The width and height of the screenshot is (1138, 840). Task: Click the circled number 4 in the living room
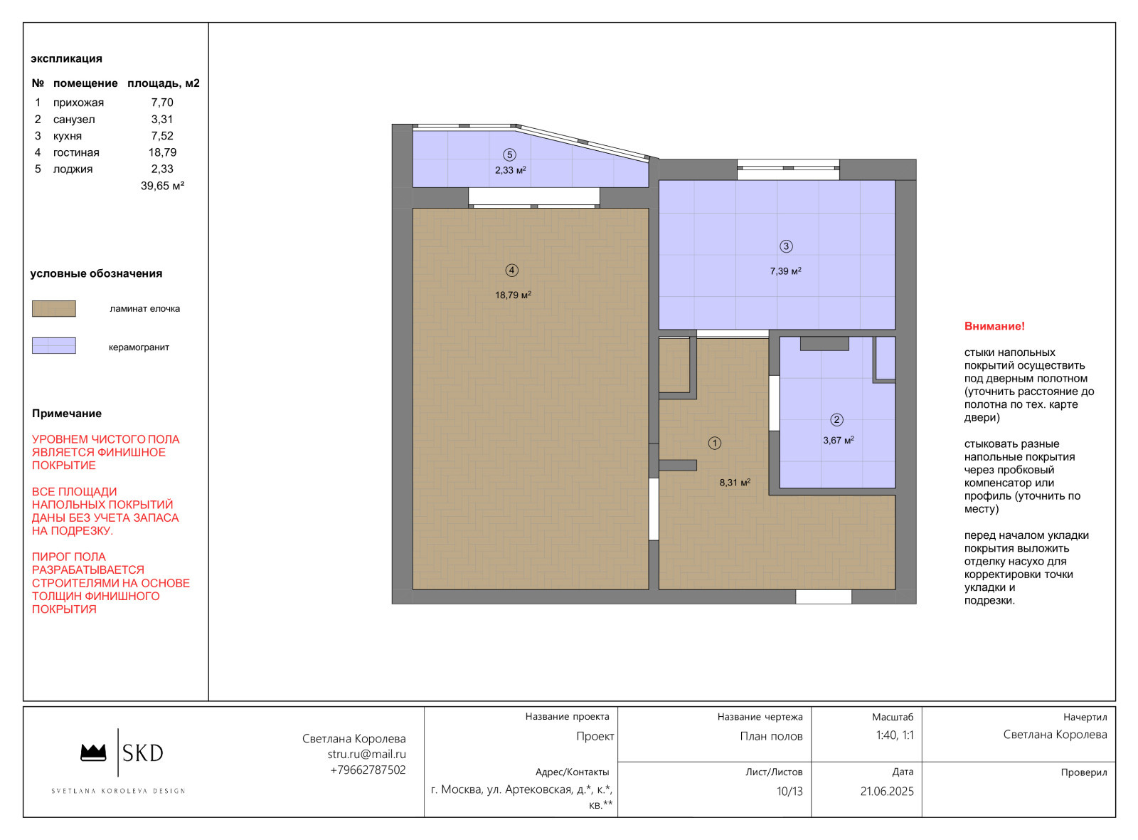[511, 271]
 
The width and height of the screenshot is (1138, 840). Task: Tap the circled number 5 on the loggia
[509, 154]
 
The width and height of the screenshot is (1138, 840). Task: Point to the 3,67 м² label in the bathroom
[839, 441]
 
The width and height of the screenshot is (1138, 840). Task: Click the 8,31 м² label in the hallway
[735, 483]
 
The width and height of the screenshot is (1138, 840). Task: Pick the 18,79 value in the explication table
[163, 152]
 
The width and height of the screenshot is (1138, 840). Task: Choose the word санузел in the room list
[74, 120]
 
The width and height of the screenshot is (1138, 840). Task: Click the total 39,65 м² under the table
[163, 186]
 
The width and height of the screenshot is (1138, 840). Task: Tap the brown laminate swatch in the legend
[54, 309]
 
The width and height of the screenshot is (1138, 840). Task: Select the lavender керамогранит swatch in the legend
[54, 346]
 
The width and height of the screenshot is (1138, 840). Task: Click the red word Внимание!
[994, 327]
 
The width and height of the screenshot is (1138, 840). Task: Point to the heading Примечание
[67, 414]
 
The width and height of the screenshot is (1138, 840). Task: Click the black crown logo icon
[93, 752]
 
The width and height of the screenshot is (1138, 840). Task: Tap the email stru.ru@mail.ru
[367, 754]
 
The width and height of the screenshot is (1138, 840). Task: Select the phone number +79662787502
[368, 770]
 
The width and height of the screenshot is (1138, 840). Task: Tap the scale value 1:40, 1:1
[895, 735]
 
